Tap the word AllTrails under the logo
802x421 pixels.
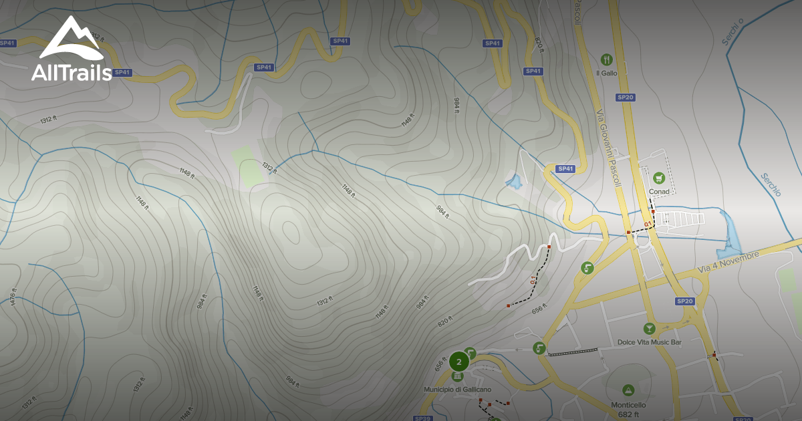[72, 73]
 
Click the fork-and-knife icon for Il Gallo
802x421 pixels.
[607, 59]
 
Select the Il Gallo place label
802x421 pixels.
[607, 73]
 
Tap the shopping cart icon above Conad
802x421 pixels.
[659, 178]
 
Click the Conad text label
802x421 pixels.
[659, 192]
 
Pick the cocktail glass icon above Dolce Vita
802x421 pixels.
[648, 328]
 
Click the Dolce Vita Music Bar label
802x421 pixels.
[649, 342]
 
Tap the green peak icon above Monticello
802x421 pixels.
[628, 390]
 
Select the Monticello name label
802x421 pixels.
[628, 405]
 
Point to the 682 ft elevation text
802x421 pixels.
[628, 414]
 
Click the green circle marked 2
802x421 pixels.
[458, 362]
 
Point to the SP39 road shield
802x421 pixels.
[422, 418]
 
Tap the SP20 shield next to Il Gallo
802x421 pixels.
[626, 98]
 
